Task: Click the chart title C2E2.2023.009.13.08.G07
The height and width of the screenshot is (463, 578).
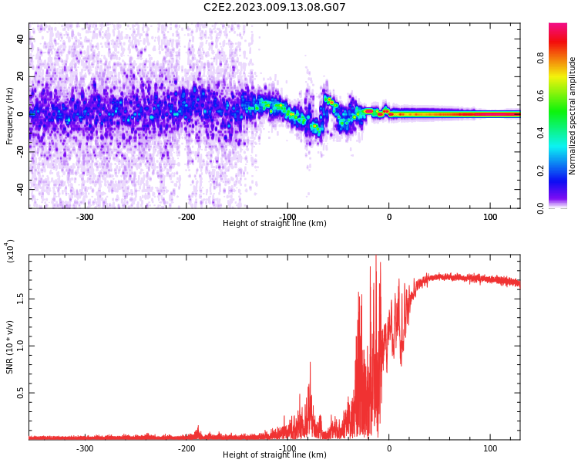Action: coord(274,8)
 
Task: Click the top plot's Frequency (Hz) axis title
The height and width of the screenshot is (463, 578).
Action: coord(10,116)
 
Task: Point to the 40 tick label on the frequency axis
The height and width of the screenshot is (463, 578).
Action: coord(21,39)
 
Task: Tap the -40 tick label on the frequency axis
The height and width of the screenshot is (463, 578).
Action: coord(19,189)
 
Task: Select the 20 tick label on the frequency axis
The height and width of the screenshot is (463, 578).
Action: coord(21,76)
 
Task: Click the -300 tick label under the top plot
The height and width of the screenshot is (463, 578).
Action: coord(85,217)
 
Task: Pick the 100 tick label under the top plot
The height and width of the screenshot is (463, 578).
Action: coord(490,217)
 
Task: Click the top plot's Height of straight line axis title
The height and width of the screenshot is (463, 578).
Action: coord(274,224)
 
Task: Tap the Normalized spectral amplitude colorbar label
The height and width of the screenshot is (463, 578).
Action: coord(573,116)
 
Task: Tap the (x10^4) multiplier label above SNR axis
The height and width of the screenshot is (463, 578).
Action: coord(10,251)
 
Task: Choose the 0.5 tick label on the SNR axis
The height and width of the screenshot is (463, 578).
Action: coord(21,393)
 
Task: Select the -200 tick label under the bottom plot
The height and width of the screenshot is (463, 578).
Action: coord(186,448)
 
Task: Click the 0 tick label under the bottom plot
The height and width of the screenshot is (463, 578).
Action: coord(389,448)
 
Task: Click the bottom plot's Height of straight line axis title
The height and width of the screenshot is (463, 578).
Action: coord(274,455)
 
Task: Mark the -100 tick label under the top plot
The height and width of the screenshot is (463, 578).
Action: coord(287,217)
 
